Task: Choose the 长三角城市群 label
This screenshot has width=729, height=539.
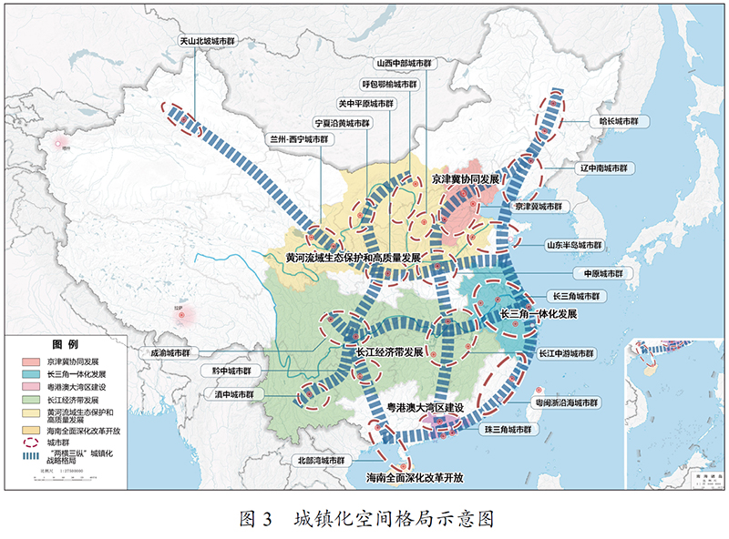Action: tap(580, 297)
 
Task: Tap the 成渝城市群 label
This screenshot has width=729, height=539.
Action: tap(171, 352)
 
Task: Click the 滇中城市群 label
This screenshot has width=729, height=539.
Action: tap(234, 395)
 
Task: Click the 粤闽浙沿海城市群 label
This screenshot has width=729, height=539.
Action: tap(567, 402)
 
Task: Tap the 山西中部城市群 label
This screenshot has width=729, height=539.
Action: tap(404, 65)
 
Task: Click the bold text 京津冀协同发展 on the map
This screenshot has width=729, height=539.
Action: tap(466, 180)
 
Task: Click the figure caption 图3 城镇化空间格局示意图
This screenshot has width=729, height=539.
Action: tap(365, 519)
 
